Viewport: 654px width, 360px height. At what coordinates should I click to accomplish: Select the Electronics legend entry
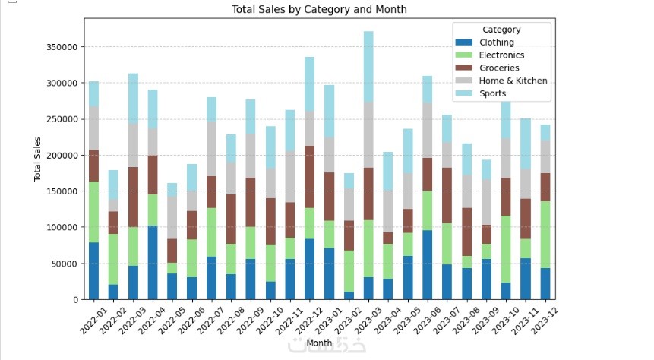[502, 55]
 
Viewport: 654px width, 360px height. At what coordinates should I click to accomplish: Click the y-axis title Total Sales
[38, 159]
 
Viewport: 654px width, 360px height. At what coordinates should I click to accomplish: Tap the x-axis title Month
[318, 343]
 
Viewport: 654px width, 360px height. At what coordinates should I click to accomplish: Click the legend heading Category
[501, 30]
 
